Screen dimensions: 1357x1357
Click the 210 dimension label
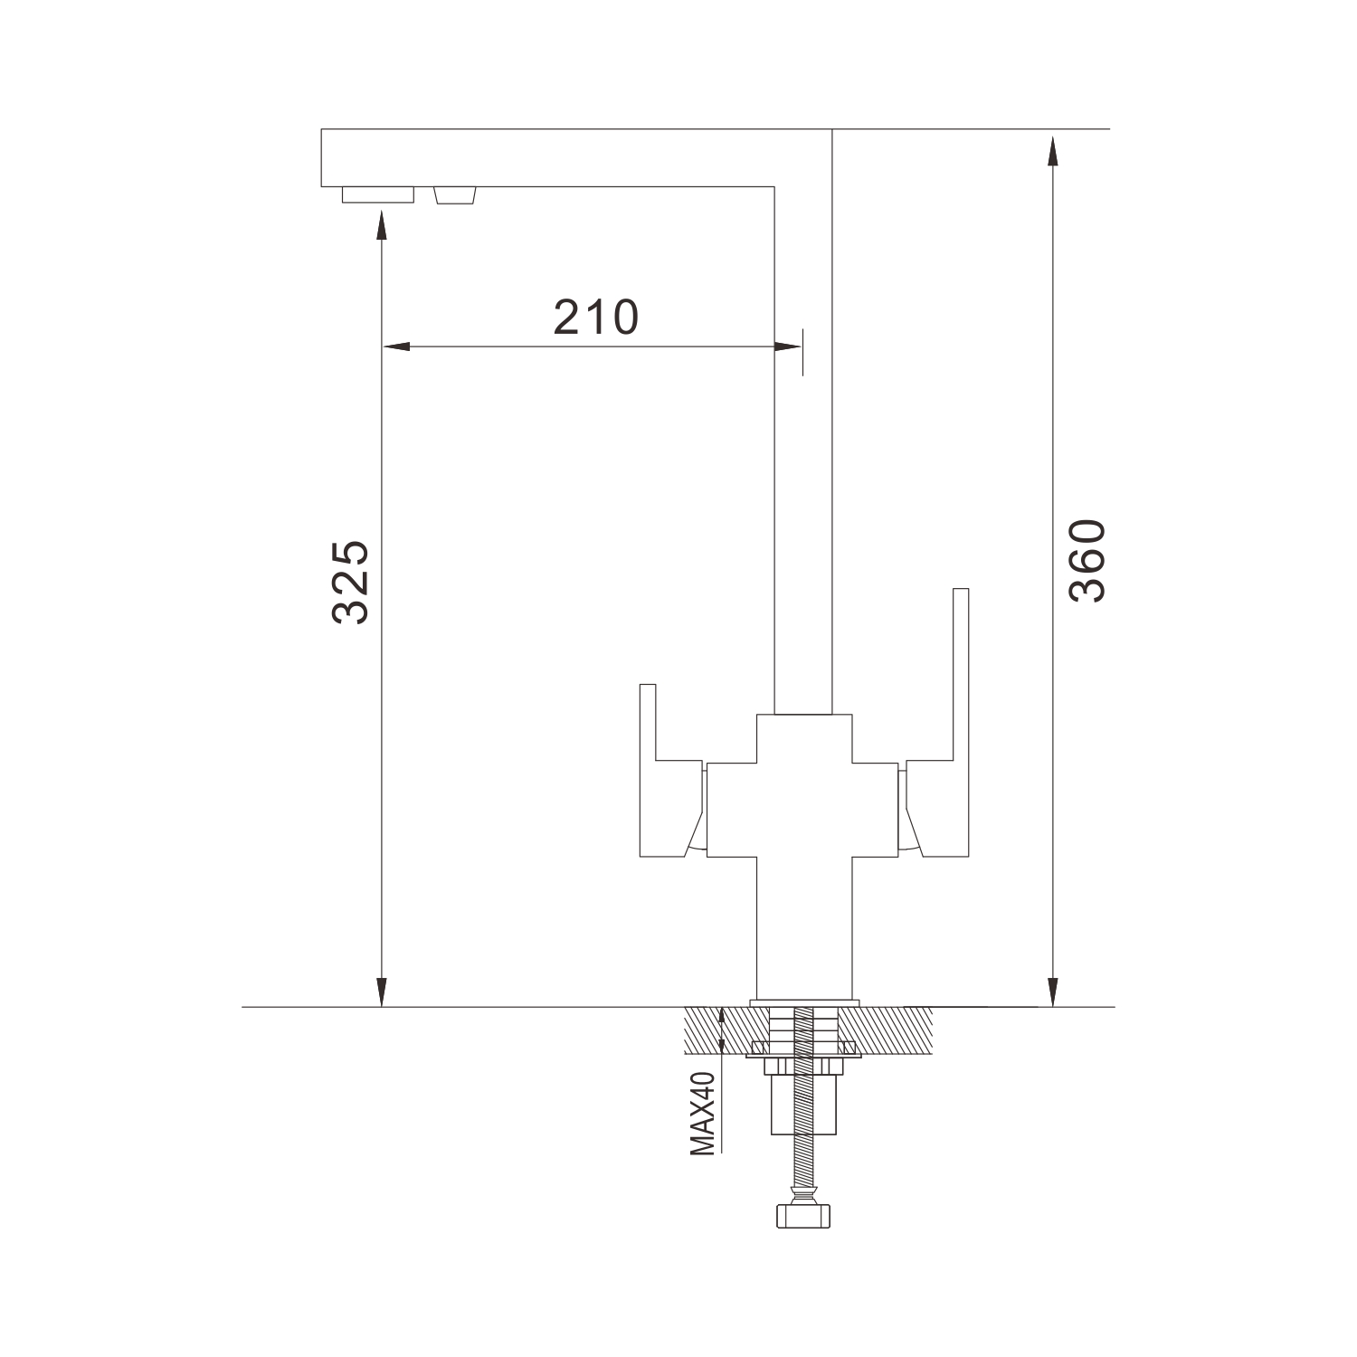[596, 317]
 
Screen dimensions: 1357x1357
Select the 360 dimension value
[1087, 561]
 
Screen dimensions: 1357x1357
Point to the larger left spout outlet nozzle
[377, 195]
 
